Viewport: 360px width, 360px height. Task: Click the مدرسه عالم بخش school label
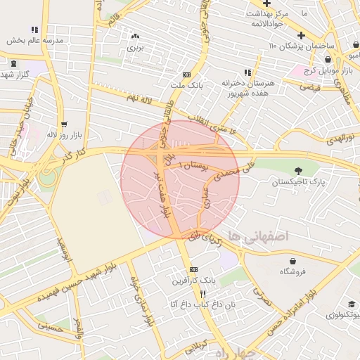pyautogui.click(x=35, y=41)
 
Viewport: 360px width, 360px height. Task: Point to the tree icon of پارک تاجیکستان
pyautogui.click(x=300, y=169)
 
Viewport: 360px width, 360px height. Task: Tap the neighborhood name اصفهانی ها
pyautogui.click(x=257, y=238)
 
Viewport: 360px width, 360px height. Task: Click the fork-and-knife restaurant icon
pyautogui.click(x=203, y=294)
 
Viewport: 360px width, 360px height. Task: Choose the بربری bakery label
pyautogui.click(x=134, y=49)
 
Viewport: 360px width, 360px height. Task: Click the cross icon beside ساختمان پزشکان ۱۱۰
pyautogui.click(x=301, y=35)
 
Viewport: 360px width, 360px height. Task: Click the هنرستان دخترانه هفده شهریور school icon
pyautogui.click(x=247, y=72)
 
